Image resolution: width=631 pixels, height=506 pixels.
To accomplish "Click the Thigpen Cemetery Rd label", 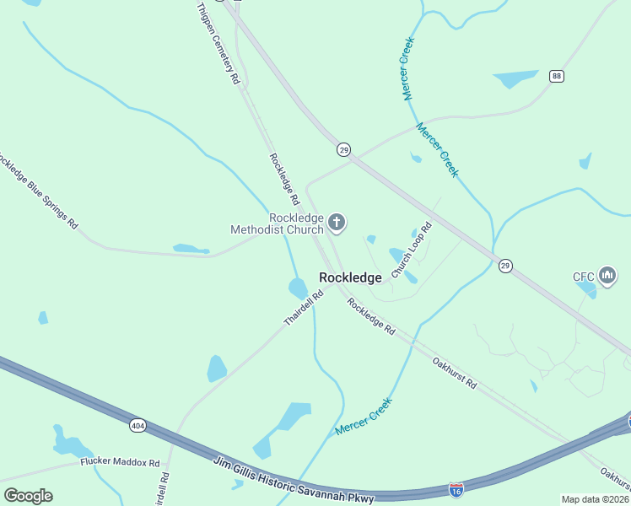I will (218, 41).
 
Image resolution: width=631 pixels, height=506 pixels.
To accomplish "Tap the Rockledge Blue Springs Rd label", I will (37, 191).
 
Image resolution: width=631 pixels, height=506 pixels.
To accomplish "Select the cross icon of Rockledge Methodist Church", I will (337, 223).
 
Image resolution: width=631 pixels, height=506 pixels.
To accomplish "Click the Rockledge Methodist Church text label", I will (278, 223).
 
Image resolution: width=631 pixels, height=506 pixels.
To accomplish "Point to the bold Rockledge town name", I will (350, 277).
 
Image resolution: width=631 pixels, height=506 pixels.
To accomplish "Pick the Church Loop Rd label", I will (412, 250).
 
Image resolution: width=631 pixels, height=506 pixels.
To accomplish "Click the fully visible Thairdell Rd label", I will (304, 310).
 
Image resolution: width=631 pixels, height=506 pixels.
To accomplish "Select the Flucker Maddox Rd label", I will (120, 462).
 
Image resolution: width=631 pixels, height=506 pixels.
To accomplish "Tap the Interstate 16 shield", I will (456, 489).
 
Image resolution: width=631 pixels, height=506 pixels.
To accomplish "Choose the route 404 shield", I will (138, 426).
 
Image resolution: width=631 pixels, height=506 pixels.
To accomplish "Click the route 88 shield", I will (556, 76).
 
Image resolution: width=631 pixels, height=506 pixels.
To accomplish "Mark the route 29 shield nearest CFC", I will (505, 265).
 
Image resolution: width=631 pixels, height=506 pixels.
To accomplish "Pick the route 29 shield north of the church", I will (343, 149).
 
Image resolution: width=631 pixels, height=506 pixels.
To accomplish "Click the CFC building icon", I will (607, 276).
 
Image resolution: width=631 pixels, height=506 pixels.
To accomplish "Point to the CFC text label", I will (584, 276).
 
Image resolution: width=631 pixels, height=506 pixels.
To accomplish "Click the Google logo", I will (28, 496).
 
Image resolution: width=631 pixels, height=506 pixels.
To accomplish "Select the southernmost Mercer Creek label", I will (364, 417).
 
